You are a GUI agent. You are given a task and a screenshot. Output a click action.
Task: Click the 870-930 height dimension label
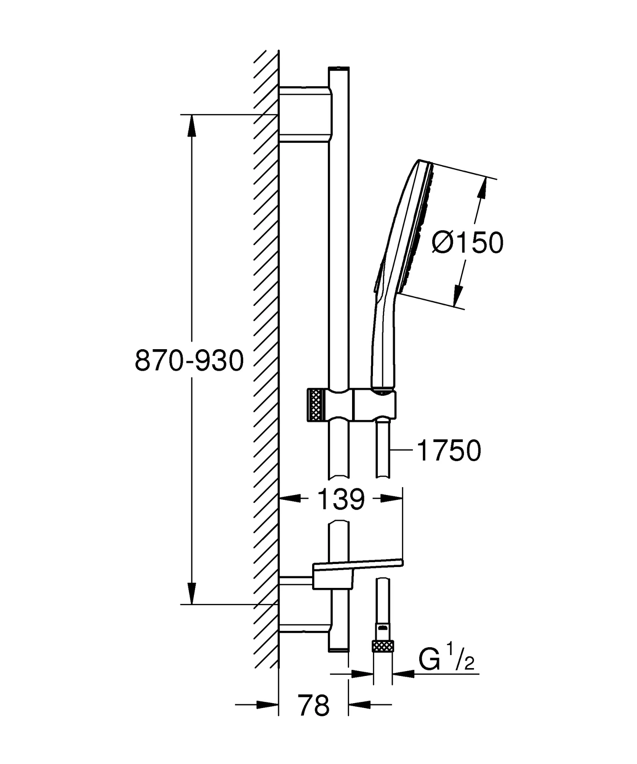(x=189, y=361)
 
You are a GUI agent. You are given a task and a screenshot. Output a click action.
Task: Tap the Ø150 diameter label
(x=467, y=243)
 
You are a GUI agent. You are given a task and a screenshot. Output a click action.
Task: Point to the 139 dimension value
(x=341, y=500)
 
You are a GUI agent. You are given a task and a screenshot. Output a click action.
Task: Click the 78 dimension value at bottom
(x=314, y=705)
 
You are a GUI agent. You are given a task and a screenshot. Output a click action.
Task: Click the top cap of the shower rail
(x=339, y=69)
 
